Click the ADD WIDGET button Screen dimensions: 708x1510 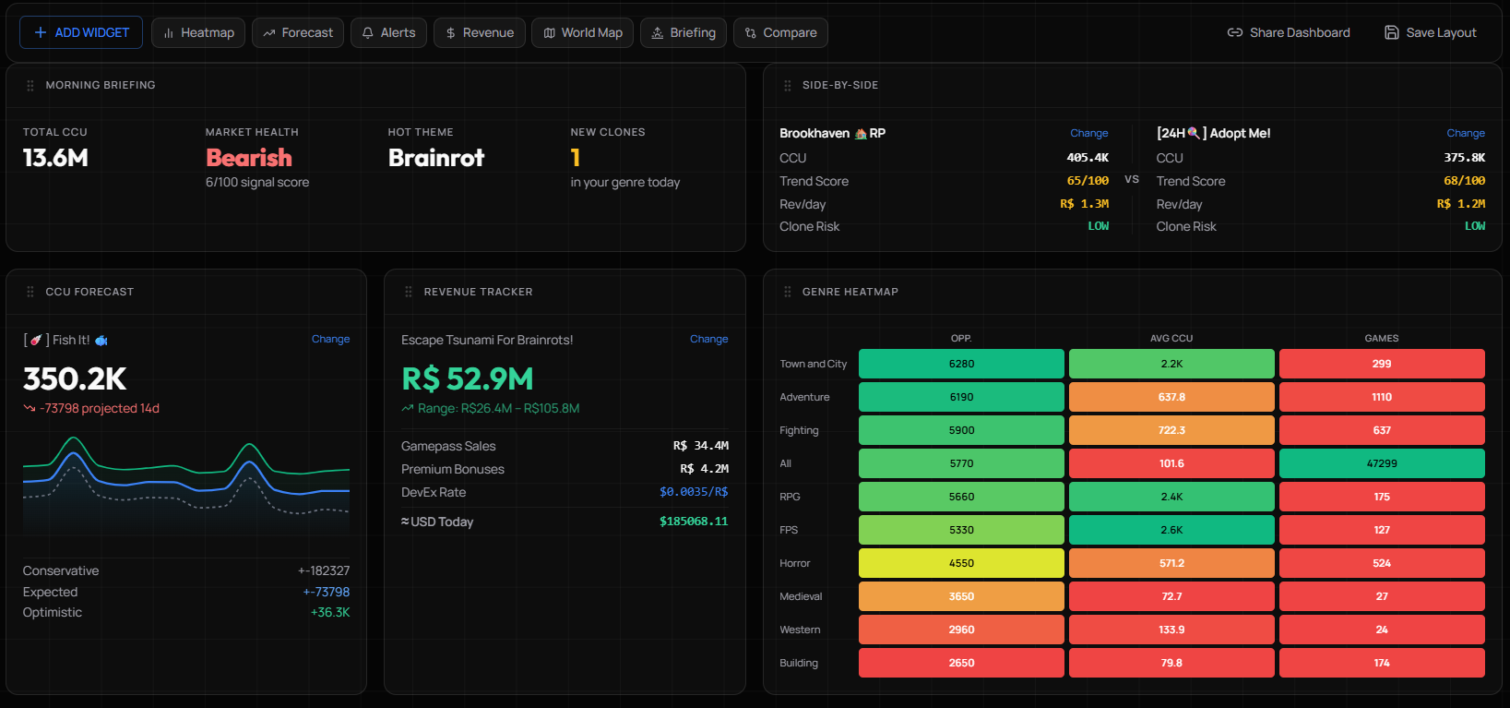[81, 32]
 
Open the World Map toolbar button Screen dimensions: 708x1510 [582, 32]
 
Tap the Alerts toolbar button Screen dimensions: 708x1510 [388, 32]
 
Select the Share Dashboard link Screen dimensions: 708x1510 [1288, 32]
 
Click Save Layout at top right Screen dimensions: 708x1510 [1430, 32]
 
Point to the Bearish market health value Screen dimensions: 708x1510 [248, 158]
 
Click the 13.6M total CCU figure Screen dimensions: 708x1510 [55, 158]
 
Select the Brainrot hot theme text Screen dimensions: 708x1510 [435, 158]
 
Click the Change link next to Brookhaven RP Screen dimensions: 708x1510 [1088, 133]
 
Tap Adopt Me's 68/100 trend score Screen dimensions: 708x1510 [1464, 181]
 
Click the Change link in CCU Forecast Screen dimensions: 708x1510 [330, 339]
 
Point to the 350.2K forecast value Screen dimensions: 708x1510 [75, 378]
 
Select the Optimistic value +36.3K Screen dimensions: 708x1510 [329, 612]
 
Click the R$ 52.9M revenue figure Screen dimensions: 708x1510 [467, 378]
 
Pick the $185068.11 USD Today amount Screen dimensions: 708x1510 [693, 522]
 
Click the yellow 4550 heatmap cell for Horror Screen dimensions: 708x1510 [961, 563]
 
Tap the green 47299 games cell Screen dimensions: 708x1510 [1381, 463]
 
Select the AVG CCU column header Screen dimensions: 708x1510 [1171, 338]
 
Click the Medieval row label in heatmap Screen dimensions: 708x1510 [800, 596]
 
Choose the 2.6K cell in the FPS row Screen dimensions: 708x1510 [1171, 530]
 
